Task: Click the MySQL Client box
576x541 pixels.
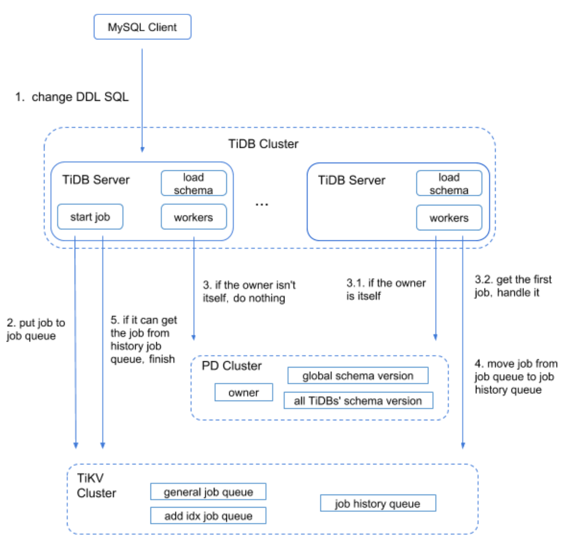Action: pyautogui.click(x=142, y=27)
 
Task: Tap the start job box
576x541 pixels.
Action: pyautogui.click(x=90, y=217)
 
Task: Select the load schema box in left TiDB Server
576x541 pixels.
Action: pyautogui.click(x=194, y=184)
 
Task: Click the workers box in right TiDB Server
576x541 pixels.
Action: pyautogui.click(x=449, y=218)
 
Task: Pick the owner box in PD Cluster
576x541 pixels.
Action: pyautogui.click(x=244, y=392)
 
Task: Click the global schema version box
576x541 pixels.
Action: pyautogui.click(x=358, y=376)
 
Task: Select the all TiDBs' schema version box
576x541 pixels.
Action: pyautogui.click(x=358, y=401)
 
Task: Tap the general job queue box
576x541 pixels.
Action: pyautogui.click(x=208, y=492)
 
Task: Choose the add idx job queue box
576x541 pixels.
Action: pyautogui.click(x=208, y=516)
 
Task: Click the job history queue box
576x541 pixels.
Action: pyautogui.click(x=378, y=503)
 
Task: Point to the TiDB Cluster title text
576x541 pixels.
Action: pyautogui.click(x=263, y=144)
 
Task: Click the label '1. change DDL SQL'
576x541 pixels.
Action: pyautogui.click(x=72, y=97)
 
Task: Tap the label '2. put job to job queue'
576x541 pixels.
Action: pyautogui.click(x=36, y=329)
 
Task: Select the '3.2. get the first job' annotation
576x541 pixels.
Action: pyautogui.click(x=513, y=286)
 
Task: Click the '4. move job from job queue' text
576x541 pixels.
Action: pyautogui.click(x=515, y=376)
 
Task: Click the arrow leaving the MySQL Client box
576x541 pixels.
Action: pyautogui.click(x=142, y=100)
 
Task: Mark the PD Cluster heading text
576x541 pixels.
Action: pyautogui.click(x=231, y=366)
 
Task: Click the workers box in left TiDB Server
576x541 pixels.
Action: pyautogui.click(x=194, y=217)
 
